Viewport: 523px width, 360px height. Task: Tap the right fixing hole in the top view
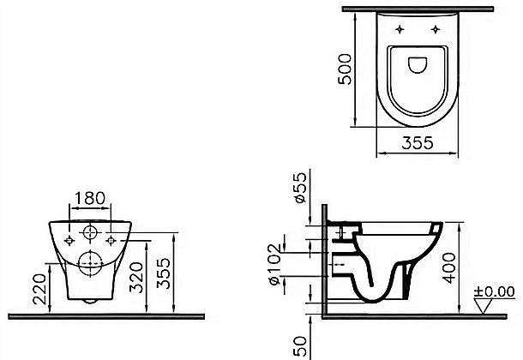point(437,28)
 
